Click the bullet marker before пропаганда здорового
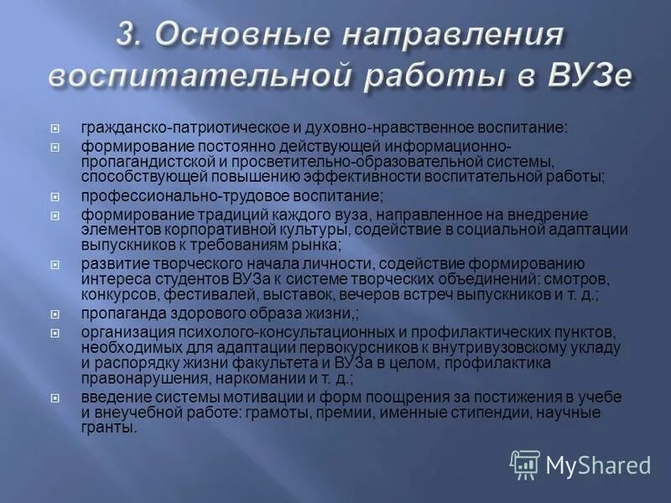click(x=55, y=314)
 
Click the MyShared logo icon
click(x=525, y=464)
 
